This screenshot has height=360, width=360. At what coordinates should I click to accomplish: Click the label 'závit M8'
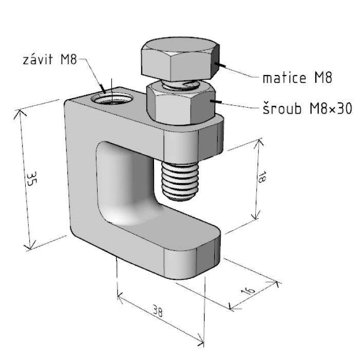click(50, 59)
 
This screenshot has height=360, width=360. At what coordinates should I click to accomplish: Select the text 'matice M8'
click(297, 78)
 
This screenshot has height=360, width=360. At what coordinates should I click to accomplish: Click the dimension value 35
click(31, 179)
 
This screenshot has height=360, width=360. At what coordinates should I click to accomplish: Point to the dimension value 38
click(158, 311)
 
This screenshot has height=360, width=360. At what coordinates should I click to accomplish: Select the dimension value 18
click(261, 177)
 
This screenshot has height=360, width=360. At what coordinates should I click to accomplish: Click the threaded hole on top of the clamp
click(112, 98)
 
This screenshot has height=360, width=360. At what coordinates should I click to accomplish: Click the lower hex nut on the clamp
click(181, 104)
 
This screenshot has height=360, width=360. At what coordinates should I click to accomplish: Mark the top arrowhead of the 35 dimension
click(20, 114)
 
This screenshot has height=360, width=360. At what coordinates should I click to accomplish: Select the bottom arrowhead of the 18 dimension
click(255, 215)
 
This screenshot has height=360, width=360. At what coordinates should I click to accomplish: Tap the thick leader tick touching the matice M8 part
click(220, 65)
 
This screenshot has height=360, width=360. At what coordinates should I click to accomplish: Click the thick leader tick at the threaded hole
click(103, 89)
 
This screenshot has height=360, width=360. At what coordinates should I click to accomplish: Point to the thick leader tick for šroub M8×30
click(216, 101)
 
